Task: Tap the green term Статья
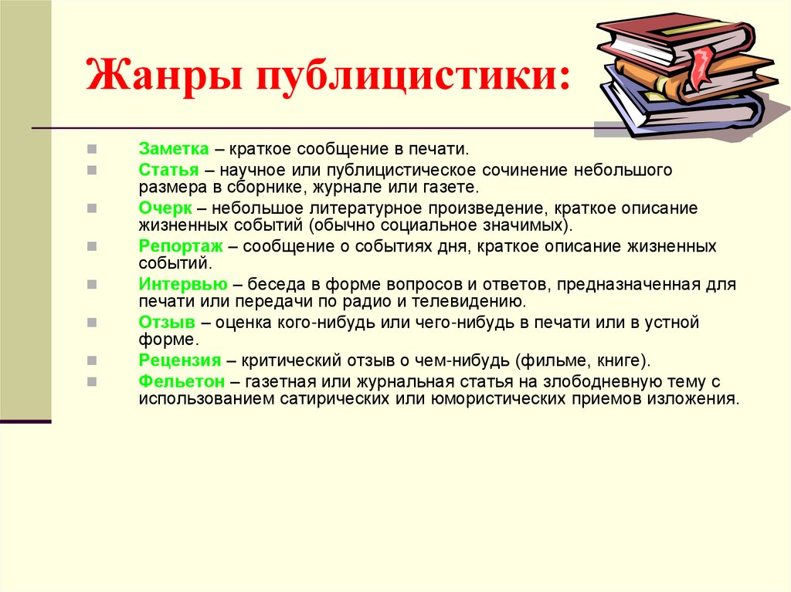(x=169, y=169)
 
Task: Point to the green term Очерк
(x=165, y=208)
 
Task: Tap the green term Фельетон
(x=182, y=381)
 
